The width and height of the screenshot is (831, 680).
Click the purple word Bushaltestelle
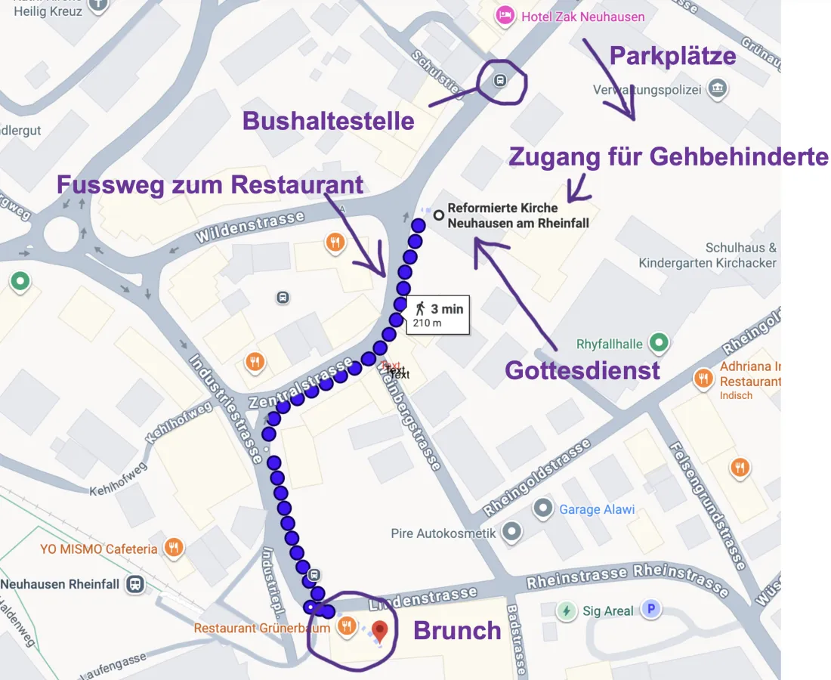(x=328, y=121)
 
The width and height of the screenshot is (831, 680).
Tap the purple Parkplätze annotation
(x=672, y=56)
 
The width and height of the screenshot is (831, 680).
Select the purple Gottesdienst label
(x=582, y=370)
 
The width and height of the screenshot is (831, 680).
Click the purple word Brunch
(x=457, y=630)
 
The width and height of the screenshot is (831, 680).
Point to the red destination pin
(x=380, y=630)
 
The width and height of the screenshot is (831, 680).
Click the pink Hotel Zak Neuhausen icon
(x=505, y=15)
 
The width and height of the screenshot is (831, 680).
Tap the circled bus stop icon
(x=500, y=79)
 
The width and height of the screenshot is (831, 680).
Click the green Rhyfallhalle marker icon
(x=660, y=344)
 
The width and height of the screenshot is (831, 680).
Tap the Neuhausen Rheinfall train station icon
(x=135, y=584)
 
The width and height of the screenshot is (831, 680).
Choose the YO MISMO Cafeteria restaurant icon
(x=175, y=549)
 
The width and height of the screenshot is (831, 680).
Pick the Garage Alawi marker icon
(x=542, y=509)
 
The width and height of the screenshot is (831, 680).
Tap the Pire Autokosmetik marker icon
(x=511, y=533)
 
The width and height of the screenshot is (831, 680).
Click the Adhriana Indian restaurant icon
(x=704, y=377)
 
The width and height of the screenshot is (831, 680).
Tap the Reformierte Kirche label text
(x=517, y=215)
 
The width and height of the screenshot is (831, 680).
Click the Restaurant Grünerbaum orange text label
(x=261, y=628)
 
